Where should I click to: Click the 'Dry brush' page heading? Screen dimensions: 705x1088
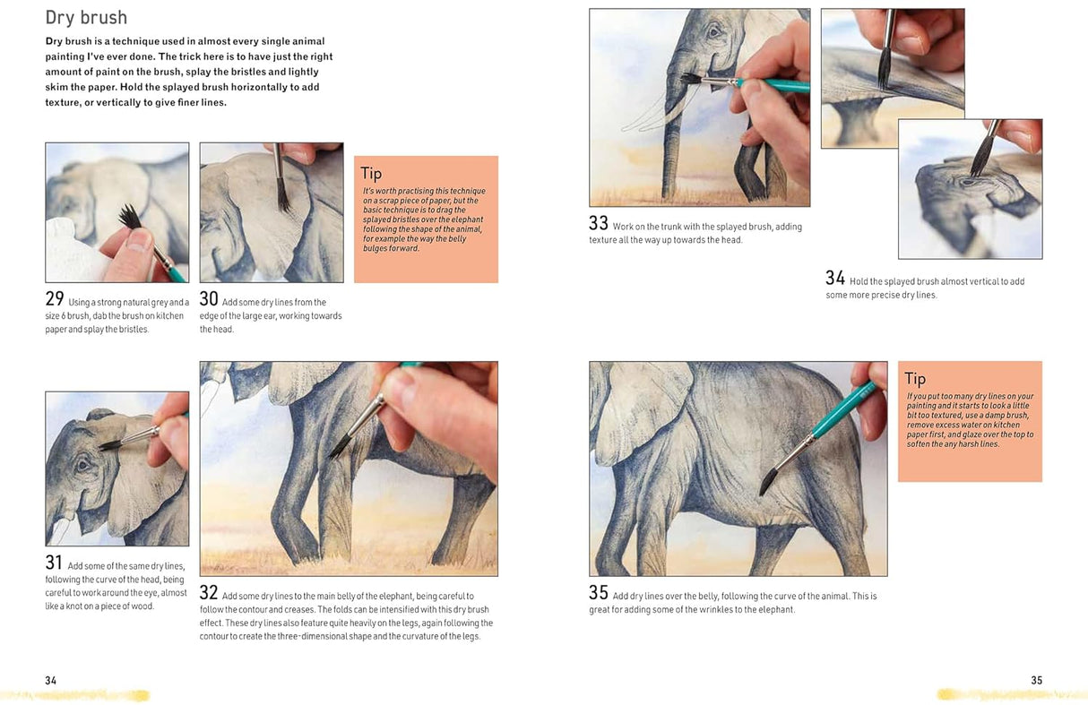pyautogui.click(x=86, y=17)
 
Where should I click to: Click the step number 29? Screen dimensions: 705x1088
pyautogui.click(x=55, y=299)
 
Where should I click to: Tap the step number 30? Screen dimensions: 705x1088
pyautogui.click(x=209, y=299)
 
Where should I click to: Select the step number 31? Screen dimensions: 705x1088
pyautogui.click(x=54, y=563)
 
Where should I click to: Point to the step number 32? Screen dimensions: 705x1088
pyautogui.click(x=209, y=592)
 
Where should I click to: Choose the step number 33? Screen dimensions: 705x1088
pyautogui.click(x=599, y=223)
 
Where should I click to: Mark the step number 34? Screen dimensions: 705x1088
pyautogui.click(x=835, y=278)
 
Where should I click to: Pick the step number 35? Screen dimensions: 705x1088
pyautogui.click(x=599, y=592)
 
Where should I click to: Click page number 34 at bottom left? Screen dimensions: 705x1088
pyautogui.click(x=51, y=680)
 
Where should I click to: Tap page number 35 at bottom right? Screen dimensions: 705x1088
pyautogui.click(x=1036, y=680)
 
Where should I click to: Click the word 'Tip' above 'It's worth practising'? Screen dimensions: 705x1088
pyautogui.click(x=371, y=174)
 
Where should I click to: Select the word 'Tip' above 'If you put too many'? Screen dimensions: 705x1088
pyautogui.click(x=915, y=379)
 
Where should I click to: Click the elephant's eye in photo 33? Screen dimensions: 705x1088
pyautogui.click(x=713, y=33)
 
